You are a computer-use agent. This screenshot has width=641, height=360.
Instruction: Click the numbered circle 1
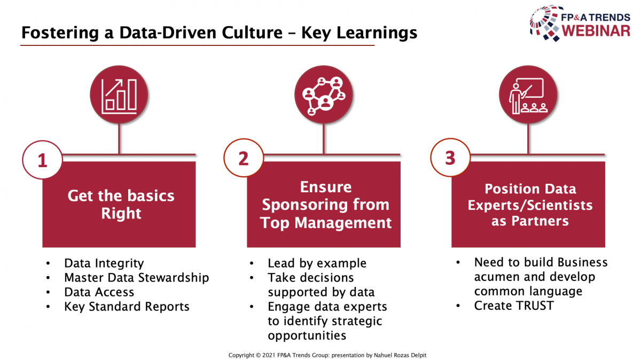(x=42, y=160)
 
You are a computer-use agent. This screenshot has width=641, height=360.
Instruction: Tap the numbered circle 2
(x=244, y=158)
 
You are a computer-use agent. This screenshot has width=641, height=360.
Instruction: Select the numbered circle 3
(x=450, y=158)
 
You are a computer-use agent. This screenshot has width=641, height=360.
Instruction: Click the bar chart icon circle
(x=119, y=95)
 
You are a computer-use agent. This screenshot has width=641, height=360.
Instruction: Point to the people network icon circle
(x=324, y=95)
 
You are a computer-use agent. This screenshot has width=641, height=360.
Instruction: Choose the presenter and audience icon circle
(x=528, y=95)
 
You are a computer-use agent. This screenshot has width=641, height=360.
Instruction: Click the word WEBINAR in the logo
(x=596, y=31)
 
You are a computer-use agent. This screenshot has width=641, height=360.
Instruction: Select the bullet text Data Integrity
(x=104, y=263)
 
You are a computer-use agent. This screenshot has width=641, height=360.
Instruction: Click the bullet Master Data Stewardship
(x=137, y=278)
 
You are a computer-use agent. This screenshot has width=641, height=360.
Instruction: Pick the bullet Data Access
(x=99, y=292)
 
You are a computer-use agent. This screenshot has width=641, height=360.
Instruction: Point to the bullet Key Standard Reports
(x=127, y=307)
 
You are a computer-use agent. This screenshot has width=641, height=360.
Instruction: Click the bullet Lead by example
(x=317, y=263)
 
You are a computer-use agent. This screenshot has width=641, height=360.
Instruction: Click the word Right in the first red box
(x=121, y=214)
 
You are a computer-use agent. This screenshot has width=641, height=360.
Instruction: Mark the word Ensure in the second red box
(x=326, y=187)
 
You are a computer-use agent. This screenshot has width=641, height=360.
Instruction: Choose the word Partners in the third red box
(x=540, y=221)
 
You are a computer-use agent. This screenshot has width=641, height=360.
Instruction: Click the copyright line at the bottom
(x=327, y=355)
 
